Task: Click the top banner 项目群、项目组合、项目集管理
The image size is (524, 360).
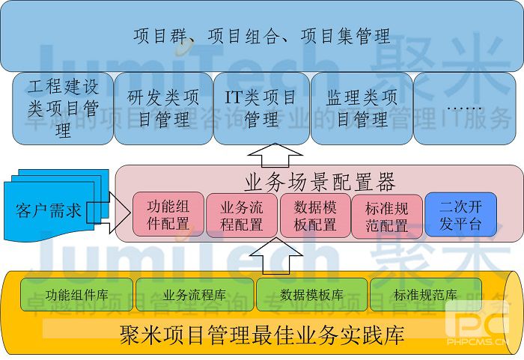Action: [x=261, y=36]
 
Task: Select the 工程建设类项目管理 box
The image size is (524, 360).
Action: [x=63, y=108]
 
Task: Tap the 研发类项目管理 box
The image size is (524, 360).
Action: [x=163, y=108]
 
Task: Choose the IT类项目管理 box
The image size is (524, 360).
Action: [x=261, y=108]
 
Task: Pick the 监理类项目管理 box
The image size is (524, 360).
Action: [x=362, y=108]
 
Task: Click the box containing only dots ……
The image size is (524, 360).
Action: [x=464, y=108]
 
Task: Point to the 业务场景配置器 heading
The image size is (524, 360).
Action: [x=320, y=181]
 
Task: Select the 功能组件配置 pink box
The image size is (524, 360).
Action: [x=168, y=215]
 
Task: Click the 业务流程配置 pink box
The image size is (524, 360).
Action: [x=241, y=216]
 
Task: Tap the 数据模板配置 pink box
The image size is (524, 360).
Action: [x=314, y=216]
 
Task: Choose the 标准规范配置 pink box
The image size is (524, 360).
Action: [x=386, y=216]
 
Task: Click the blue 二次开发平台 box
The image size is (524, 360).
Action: [x=460, y=215]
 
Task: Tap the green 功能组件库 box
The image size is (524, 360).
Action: [x=76, y=294]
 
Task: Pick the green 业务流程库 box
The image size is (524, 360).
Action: [x=194, y=294]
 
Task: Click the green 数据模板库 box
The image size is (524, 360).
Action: [x=311, y=294]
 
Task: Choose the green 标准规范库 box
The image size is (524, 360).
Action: [x=425, y=294]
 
